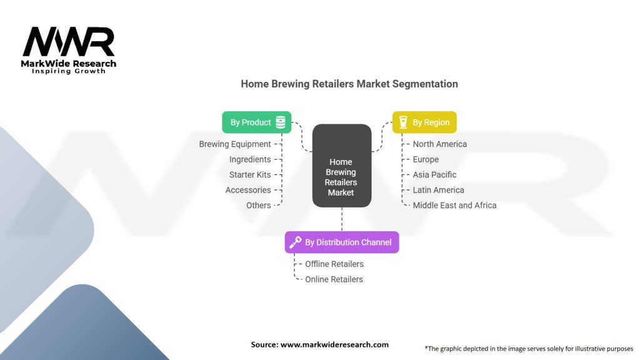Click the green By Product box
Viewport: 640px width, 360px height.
(257, 122)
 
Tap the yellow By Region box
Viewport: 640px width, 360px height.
(424, 122)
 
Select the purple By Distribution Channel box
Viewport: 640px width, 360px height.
(342, 242)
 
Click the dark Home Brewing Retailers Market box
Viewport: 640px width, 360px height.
(342, 166)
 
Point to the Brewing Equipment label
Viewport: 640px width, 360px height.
(235, 144)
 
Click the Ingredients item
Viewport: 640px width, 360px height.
(250, 159)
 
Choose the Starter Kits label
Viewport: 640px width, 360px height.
(250, 175)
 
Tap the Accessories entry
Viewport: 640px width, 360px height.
(248, 190)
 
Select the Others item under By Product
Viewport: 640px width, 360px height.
(258, 205)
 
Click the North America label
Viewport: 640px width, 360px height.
(439, 144)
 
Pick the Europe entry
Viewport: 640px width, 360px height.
(426, 159)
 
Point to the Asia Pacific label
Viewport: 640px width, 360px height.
(434, 175)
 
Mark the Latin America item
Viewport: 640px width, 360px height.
(438, 190)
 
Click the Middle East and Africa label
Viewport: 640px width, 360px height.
(455, 205)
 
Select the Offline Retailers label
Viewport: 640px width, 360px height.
(334, 264)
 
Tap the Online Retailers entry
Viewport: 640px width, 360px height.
(334, 279)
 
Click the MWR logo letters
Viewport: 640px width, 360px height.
(69, 42)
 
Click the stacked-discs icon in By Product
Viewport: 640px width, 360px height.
(281, 122)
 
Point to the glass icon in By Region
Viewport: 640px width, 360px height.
(403, 122)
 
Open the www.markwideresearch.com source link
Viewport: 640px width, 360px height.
(334, 344)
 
